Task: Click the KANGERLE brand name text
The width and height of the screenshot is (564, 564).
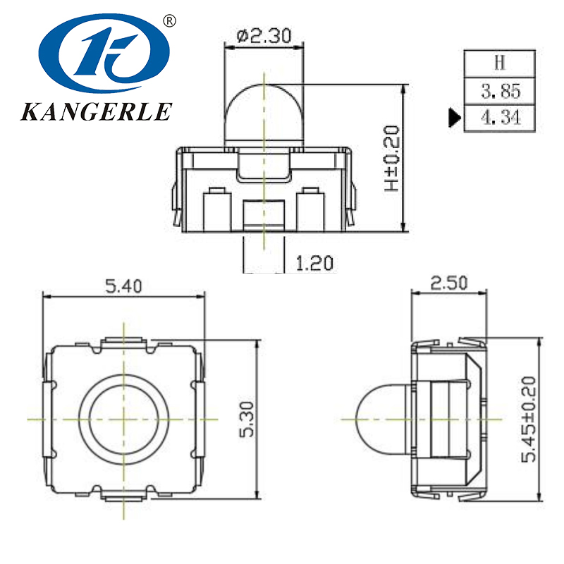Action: tap(97, 111)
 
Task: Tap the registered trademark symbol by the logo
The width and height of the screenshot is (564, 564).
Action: tap(168, 21)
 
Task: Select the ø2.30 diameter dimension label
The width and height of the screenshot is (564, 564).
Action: tap(264, 35)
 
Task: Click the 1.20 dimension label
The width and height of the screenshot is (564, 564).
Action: tap(314, 264)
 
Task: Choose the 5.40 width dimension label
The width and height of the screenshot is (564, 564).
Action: tap(123, 286)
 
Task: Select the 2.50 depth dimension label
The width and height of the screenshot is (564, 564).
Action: tap(448, 283)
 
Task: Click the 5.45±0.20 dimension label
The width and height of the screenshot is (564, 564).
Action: tap(528, 419)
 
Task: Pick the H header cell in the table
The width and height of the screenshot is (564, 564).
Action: tap(500, 63)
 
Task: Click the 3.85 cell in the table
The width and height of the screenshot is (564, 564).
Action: tap(500, 90)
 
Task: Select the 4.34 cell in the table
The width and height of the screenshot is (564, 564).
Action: tap(500, 117)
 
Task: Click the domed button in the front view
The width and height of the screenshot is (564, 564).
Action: tap(264, 113)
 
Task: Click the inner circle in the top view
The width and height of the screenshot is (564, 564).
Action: tap(124, 418)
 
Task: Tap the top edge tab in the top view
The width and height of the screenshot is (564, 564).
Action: tap(124, 342)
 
